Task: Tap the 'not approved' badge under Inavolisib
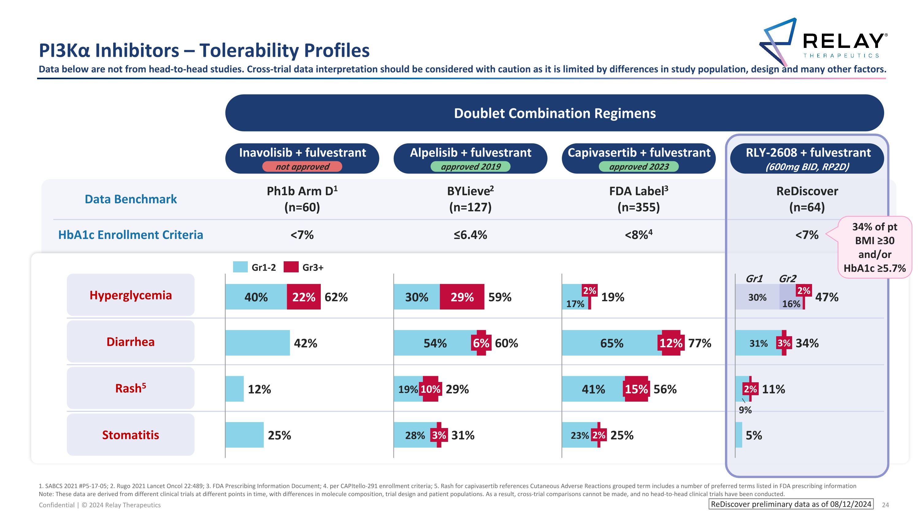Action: pos(302,167)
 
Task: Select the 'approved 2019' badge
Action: pos(470,167)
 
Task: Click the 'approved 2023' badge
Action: pos(638,167)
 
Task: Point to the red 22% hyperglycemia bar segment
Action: pos(304,297)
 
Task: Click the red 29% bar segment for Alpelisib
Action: pos(462,297)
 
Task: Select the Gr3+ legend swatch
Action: pos(291,267)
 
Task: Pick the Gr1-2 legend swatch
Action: pos(240,267)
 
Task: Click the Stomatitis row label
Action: pos(131,435)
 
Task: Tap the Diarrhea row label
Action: pos(131,342)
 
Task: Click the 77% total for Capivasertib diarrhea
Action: pos(699,343)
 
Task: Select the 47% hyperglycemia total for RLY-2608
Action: pos(826,297)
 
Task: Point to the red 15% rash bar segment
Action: pos(636,389)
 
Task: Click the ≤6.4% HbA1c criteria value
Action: pos(470,235)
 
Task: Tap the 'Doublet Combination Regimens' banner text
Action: pos(555,113)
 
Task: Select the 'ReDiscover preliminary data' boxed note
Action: pos(791,504)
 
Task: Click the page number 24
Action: pos(885,505)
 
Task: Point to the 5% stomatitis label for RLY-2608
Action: pos(753,435)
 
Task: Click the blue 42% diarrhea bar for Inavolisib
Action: pos(258,343)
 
